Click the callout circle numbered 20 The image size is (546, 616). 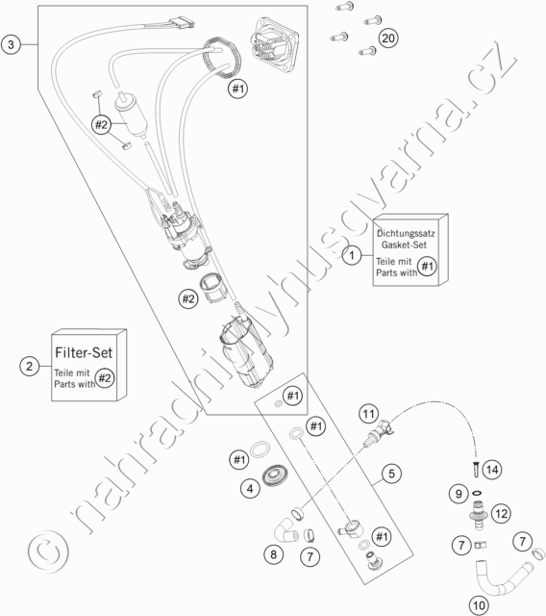[x=388, y=38]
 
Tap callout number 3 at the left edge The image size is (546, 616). [x=11, y=44]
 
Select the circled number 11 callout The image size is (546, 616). [x=368, y=414]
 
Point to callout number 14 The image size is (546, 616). [x=492, y=470]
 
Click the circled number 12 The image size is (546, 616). [x=502, y=513]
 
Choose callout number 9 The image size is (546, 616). [x=459, y=494]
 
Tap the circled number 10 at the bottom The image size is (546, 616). [x=479, y=605]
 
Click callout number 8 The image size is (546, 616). [x=273, y=554]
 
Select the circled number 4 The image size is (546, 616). [x=250, y=489]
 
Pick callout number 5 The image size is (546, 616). [x=391, y=474]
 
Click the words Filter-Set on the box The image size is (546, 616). [x=84, y=352]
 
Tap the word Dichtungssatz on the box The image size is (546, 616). [x=406, y=233]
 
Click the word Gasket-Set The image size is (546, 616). [x=404, y=244]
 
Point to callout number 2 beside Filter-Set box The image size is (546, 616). [x=30, y=366]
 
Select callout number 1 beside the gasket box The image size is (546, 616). [x=352, y=255]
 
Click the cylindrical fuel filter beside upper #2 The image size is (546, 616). [x=131, y=114]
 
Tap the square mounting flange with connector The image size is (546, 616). [x=274, y=44]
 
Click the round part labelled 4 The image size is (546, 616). [x=275, y=475]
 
